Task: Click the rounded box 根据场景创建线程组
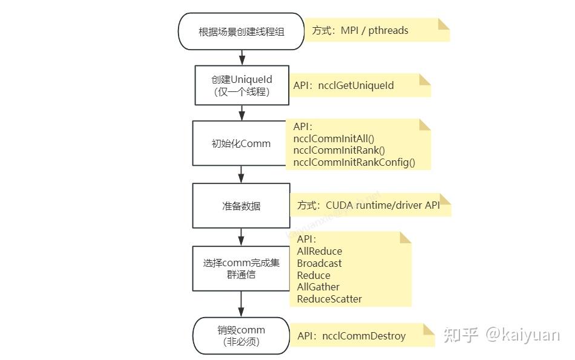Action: [x=241, y=31]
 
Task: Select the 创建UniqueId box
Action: [x=241, y=85]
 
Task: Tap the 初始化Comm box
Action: [x=241, y=143]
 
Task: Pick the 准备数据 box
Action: [x=241, y=206]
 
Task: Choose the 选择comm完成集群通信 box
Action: [x=241, y=268]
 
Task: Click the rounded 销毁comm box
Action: [x=241, y=335]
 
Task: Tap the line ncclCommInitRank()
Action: [x=339, y=150]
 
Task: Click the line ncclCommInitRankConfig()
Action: [x=354, y=162]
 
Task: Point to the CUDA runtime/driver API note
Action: [x=383, y=205]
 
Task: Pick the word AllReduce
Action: [x=320, y=251]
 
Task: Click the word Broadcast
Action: [x=319, y=263]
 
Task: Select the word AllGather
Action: [x=318, y=287]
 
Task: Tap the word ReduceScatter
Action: [x=329, y=299]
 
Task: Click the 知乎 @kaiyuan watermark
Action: [x=502, y=335]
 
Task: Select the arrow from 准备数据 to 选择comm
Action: [x=241, y=237]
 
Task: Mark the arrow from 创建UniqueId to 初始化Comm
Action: [x=241, y=113]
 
